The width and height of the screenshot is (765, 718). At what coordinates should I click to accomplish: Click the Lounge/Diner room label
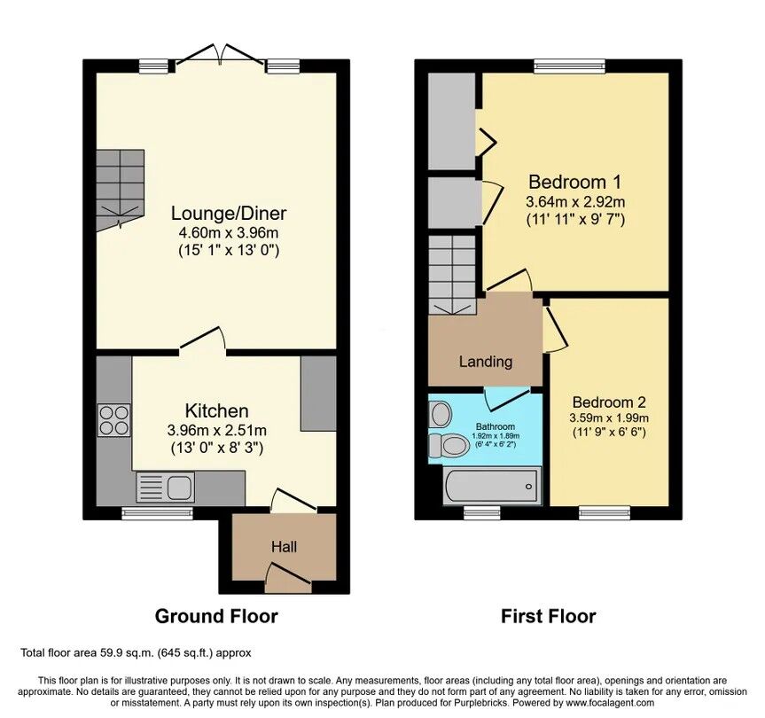pyautogui.click(x=228, y=214)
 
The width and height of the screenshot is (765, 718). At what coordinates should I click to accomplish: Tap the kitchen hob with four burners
pyautogui.click(x=114, y=419)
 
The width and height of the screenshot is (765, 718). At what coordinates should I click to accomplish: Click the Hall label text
pyautogui.click(x=284, y=547)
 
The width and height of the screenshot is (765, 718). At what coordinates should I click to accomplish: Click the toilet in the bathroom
pyautogui.click(x=451, y=444)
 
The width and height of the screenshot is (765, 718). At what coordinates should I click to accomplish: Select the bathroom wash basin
pyautogui.click(x=440, y=414)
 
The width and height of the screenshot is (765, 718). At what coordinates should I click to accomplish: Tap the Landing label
pyautogui.click(x=485, y=362)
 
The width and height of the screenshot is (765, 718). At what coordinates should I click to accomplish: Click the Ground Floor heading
pyautogui.click(x=216, y=615)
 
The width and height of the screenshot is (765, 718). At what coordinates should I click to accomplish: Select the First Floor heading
pyautogui.click(x=548, y=615)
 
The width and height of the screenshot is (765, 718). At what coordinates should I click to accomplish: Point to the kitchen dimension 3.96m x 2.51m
pyautogui.click(x=216, y=431)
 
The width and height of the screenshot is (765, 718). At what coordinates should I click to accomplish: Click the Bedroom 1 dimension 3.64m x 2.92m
pyautogui.click(x=574, y=201)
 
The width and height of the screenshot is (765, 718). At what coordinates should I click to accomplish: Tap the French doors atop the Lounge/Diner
pyautogui.click(x=218, y=55)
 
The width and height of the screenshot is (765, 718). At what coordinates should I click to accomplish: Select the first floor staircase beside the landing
pyautogui.click(x=454, y=275)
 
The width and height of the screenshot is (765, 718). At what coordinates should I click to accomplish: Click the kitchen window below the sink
pyautogui.click(x=144, y=512)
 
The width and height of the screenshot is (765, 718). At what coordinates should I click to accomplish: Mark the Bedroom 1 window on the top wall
pyautogui.click(x=569, y=65)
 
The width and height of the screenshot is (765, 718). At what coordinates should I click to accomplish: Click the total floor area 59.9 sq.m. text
pyautogui.click(x=136, y=653)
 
